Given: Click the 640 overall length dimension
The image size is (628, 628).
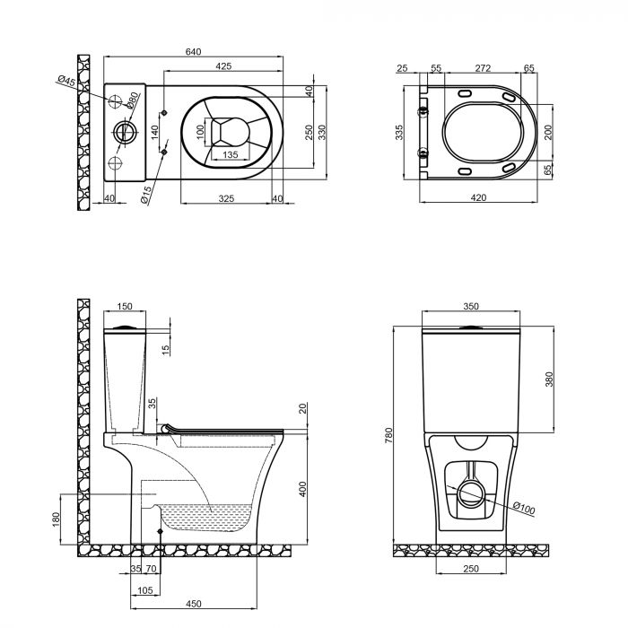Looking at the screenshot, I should tap(192, 52).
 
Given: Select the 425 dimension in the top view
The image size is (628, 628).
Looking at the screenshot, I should tap(225, 65).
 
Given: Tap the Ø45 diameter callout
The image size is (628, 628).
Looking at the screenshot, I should tap(66, 83).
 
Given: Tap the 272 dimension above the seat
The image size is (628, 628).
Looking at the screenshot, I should tap(481, 68).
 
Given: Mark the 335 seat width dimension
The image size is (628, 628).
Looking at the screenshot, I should tap(400, 132).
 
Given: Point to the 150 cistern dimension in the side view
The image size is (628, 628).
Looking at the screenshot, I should tap(125, 307).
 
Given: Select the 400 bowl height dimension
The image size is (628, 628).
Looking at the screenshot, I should tap(303, 489).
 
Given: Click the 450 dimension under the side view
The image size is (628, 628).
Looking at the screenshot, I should tap(193, 603).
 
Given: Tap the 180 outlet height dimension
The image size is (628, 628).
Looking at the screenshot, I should tap(56, 519).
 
